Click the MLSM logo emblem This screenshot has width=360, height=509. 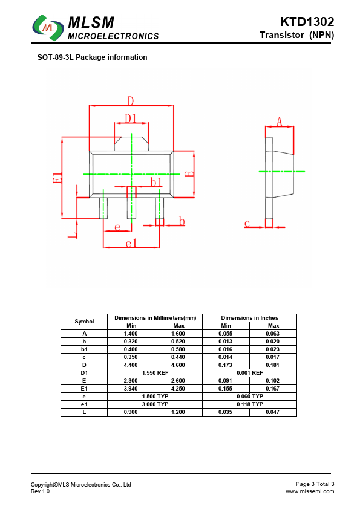click(x=48, y=28)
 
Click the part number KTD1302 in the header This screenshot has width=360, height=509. click(x=307, y=22)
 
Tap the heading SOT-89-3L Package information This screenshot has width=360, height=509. click(x=93, y=57)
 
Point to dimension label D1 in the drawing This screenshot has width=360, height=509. click(x=131, y=118)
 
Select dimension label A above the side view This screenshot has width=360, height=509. click(x=279, y=122)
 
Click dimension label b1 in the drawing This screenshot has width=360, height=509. click(x=156, y=182)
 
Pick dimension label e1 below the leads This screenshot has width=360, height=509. click(x=131, y=243)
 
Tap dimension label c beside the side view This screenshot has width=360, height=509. click(x=247, y=223)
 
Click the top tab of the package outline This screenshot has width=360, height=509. click(x=131, y=144)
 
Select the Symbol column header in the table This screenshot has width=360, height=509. click(x=84, y=322)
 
